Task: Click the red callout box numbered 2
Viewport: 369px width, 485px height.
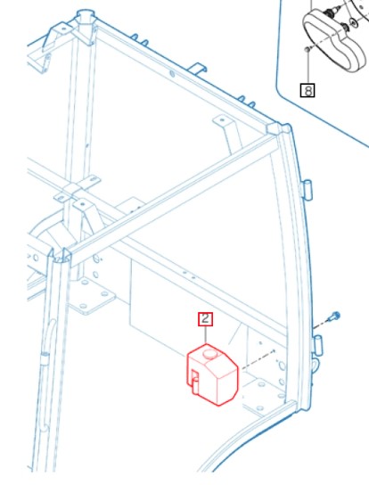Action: [x=205, y=319]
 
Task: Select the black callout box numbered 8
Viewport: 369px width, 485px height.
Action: [x=307, y=90]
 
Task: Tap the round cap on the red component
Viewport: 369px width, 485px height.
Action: [x=210, y=354]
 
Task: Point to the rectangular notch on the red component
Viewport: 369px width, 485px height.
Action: [x=195, y=381]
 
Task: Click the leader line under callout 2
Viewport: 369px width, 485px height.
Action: [x=205, y=334]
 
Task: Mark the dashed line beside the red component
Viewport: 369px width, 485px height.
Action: [x=258, y=359]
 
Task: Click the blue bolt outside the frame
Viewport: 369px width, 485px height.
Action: [x=335, y=316]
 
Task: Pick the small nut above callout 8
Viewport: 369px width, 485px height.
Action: [x=307, y=48]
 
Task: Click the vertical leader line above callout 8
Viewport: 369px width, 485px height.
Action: [x=307, y=67]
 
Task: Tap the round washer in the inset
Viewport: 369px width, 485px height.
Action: [x=353, y=22]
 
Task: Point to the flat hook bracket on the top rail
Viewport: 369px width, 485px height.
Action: [x=197, y=69]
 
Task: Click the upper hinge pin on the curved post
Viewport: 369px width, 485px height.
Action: [x=307, y=190]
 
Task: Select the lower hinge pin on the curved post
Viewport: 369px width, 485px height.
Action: [x=317, y=344]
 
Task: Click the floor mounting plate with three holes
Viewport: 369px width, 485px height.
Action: [x=92, y=296]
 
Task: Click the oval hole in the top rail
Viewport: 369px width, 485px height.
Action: [x=172, y=74]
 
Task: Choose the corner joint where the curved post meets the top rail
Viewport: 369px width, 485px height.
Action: [x=279, y=128]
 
